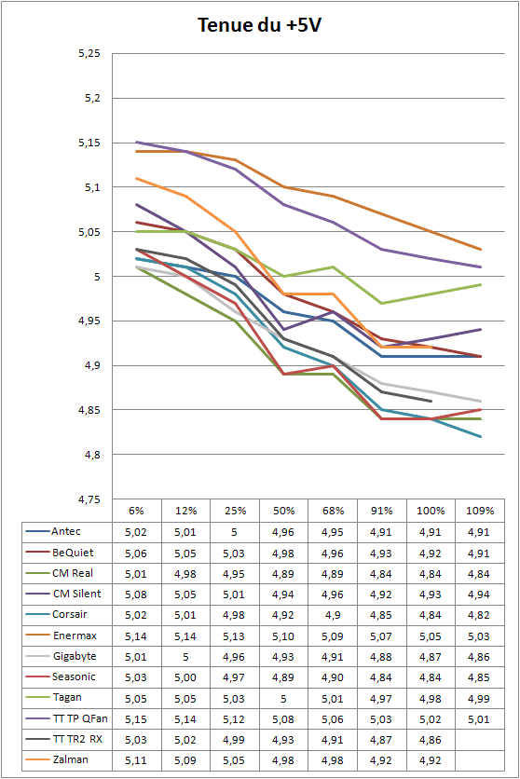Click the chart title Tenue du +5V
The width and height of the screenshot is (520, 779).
[259, 25]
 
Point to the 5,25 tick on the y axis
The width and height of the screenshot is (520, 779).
[89, 54]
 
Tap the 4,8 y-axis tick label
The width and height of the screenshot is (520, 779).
[93, 455]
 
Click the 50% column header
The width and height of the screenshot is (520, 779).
[283, 511]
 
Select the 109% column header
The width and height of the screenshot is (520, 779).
[480, 511]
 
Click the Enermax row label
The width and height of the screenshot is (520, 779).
[75, 635]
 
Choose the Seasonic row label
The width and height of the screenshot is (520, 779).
[74, 676]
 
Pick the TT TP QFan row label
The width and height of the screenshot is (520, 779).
[80, 718]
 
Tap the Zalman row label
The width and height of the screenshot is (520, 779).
[71, 759]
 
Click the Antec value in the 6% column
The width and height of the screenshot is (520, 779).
[136, 533]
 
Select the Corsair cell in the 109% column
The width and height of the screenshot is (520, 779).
[479, 615]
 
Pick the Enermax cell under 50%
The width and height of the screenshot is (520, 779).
[283, 636]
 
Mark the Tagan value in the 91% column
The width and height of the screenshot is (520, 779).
[381, 699]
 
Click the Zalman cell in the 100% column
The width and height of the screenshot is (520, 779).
[431, 760]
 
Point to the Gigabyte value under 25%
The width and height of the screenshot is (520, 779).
[234, 657]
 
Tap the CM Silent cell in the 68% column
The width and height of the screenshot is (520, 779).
[333, 594]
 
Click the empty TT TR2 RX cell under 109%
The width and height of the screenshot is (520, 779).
[480, 740]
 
